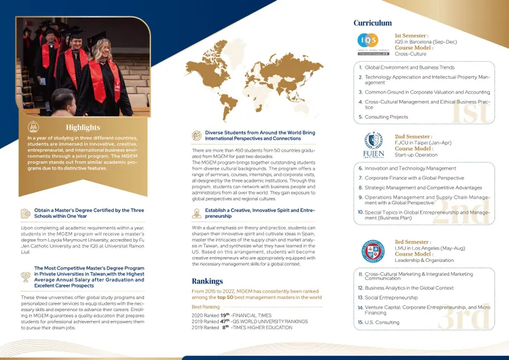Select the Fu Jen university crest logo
(x=373, y=146)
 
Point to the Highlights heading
(x=83, y=127)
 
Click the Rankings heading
(x=207, y=281)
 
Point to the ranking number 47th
(x=223, y=321)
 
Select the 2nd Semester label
(x=413, y=137)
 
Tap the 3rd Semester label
(x=412, y=242)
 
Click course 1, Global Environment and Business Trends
(x=409, y=67)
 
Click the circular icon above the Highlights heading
(x=34, y=127)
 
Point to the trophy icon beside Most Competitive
(x=25, y=276)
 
